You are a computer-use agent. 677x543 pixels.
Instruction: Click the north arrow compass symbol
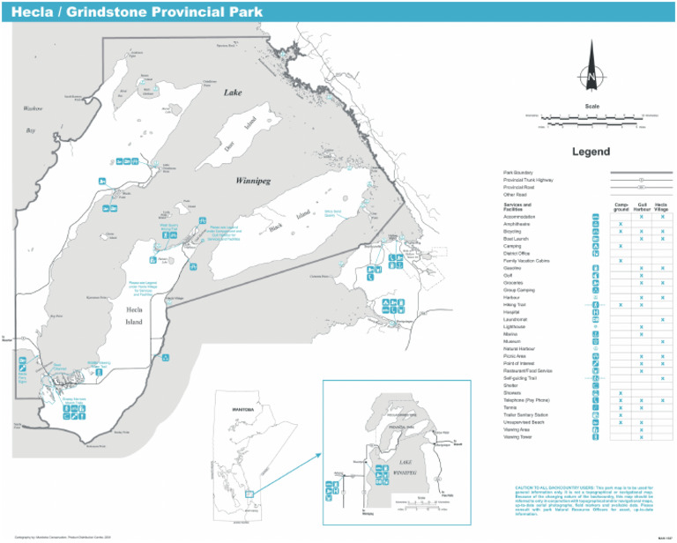pyautogui.click(x=588, y=78)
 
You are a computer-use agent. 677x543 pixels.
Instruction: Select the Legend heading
pyautogui.click(x=591, y=152)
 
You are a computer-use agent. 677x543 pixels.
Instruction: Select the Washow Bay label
pyautogui.click(x=33, y=119)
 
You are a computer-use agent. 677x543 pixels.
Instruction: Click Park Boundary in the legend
pyautogui.click(x=517, y=172)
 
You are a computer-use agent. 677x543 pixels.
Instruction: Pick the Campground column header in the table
pyautogui.click(x=621, y=207)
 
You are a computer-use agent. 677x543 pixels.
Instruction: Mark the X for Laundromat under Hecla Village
pyautogui.click(x=662, y=319)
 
